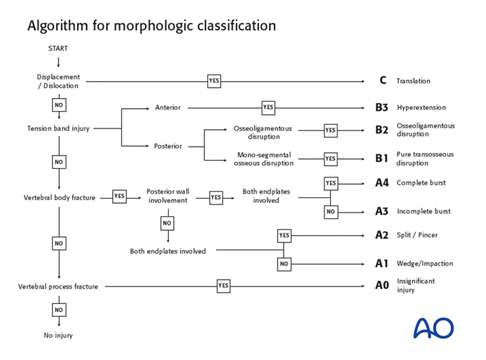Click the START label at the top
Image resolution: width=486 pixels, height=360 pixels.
tap(58, 49)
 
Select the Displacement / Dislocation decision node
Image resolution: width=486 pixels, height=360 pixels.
tap(58, 81)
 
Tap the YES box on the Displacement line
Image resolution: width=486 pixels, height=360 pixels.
tap(214, 81)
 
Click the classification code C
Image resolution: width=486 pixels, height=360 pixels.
tap(382, 81)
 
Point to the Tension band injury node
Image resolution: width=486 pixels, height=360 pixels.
tap(58, 129)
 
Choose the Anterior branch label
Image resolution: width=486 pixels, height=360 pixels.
tap(167, 107)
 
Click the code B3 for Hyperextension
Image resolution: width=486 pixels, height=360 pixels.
tap(381, 107)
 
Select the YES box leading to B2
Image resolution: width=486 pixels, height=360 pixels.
tap(330, 131)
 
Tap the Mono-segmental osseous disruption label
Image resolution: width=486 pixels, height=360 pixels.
tap(263, 158)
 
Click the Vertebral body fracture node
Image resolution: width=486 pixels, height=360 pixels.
tap(59, 197)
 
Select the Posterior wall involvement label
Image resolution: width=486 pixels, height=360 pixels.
tap(167, 196)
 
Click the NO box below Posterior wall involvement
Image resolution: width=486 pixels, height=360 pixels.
tap(167, 223)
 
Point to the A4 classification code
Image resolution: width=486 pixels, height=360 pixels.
tap(381, 183)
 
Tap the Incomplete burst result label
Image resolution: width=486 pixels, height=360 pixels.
tap(423, 212)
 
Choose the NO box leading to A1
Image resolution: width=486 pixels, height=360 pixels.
tap(284, 264)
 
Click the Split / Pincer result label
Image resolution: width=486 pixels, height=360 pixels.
tap(417, 235)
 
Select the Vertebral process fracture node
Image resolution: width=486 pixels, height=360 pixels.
tap(58, 287)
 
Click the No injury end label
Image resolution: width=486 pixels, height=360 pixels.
tap(58, 336)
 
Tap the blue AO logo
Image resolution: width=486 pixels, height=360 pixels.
tap(433, 328)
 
